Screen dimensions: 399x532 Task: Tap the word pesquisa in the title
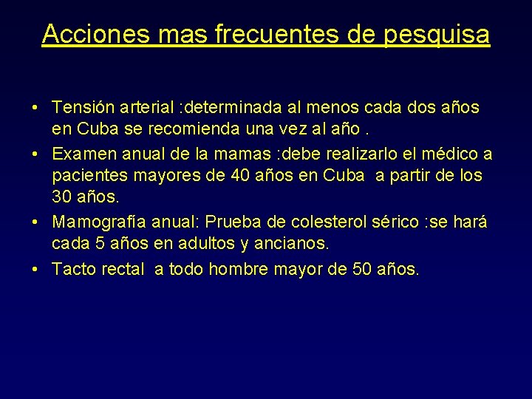click(437, 34)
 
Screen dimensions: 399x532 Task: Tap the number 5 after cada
click(93, 243)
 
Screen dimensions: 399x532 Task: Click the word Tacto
click(74, 269)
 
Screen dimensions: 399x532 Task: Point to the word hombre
click(239, 269)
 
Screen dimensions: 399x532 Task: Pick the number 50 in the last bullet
click(363, 269)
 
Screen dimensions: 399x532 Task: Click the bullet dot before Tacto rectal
click(37, 269)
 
